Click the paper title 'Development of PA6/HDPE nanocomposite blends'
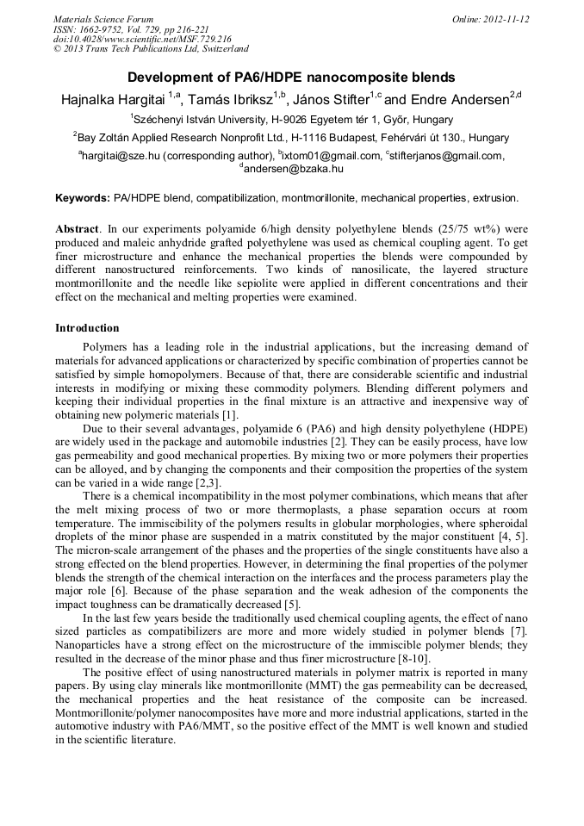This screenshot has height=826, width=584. [291, 78]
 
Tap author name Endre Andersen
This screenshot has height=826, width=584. [464, 99]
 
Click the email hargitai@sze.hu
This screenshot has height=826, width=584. [121, 156]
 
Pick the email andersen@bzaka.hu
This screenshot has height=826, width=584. [294, 170]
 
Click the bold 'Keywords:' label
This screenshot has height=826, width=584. [82, 198]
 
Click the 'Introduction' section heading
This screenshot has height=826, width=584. [87, 328]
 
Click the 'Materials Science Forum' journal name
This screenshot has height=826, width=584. [103, 19]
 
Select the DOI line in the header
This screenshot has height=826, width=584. [142, 40]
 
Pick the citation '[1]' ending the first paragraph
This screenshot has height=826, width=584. [230, 417]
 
